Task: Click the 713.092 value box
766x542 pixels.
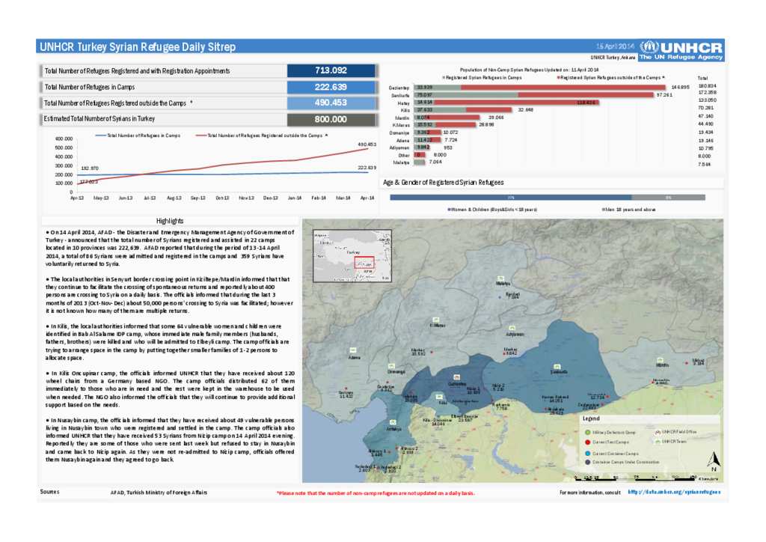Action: click(x=331, y=70)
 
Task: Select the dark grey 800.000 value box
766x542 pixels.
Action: click(x=331, y=119)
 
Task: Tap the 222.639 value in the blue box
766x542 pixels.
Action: click(x=331, y=87)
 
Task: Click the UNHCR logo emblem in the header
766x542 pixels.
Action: click(x=649, y=46)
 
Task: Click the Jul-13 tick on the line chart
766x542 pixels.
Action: click(x=150, y=198)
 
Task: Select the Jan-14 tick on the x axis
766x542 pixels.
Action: click(x=295, y=198)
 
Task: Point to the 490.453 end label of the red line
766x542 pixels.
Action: click(x=367, y=143)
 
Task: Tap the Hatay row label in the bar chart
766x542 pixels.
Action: click(x=405, y=103)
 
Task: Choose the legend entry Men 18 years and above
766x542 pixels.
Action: click(x=632, y=210)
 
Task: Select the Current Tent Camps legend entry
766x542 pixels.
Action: click(x=614, y=442)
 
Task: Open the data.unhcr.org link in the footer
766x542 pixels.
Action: click(x=674, y=492)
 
